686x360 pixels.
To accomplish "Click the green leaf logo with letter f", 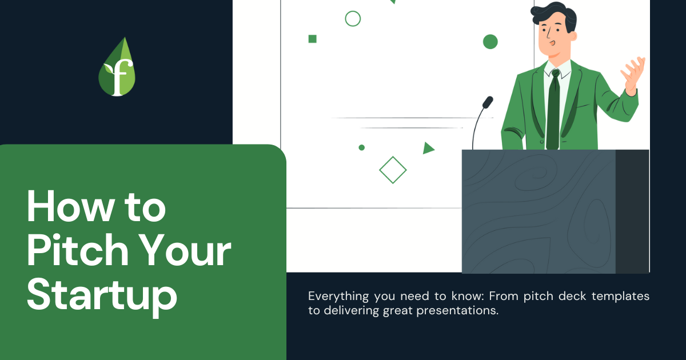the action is [x=117, y=67].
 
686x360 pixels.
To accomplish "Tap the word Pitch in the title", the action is [x=78, y=250].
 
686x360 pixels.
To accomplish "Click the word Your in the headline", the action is [x=186, y=250].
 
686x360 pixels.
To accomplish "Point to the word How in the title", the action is [x=71, y=206].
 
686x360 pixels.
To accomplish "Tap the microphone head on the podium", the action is [x=488, y=102].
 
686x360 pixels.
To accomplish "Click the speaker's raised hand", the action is [x=633, y=75].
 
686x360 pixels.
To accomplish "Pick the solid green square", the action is [x=312, y=39].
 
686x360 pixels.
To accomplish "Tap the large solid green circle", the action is [x=490, y=42].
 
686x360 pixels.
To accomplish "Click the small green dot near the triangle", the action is [x=362, y=147].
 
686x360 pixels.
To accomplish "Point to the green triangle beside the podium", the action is [x=428, y=148].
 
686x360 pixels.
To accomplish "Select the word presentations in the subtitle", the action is [x=457, y=311].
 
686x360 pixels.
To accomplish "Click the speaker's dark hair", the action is [x=555, y=14].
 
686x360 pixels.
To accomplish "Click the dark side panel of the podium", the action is [x=632, y=211].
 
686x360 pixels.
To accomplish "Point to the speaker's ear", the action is [x=573, y=36].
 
